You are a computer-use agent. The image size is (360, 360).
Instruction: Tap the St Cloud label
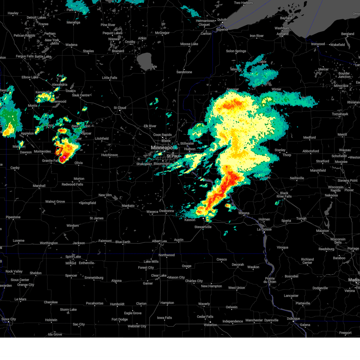(x=120, y=108)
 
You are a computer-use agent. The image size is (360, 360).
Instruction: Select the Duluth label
(x=222, y=20)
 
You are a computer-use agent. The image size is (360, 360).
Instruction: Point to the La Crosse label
(x=264, y=229)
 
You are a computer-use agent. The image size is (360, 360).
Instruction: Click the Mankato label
(x=128, y=206)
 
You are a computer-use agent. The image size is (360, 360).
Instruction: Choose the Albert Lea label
(x=159, y=241)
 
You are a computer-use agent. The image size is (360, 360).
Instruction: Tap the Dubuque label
(x=293, y=319)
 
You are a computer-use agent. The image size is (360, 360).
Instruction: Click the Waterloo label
(x=210, y=325)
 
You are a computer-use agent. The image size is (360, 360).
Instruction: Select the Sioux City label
(x=9, y=319)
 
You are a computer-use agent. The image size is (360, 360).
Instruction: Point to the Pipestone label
(x=13, y=217)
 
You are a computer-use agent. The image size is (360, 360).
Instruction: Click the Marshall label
(x=39, y=186)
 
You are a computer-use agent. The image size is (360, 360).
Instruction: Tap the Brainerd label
(x=118, y=51)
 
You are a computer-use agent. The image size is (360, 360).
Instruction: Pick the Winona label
(x=244, y=213)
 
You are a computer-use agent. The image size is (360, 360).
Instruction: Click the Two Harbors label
(x=243, y=3)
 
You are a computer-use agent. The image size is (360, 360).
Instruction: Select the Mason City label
(x=176, y=277)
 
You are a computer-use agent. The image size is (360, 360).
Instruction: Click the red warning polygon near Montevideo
(x=58, y=151)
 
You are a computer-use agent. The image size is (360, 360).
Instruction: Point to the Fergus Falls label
(x=25, y=56)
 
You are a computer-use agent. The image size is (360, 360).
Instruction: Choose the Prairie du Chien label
(x=270, y=280)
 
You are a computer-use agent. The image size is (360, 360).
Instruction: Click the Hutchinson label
(x=109, y=155)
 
